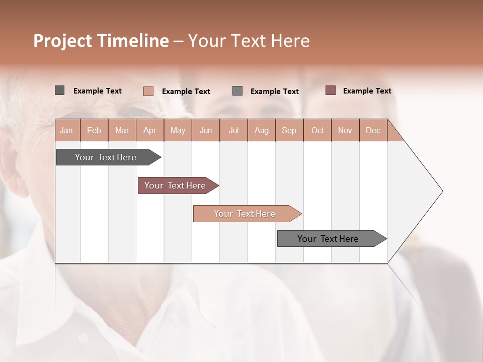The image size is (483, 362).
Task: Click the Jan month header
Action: [x=66, y=131]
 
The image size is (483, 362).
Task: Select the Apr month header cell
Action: [x=150, y=131]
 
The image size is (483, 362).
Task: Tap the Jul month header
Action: [x=233, y=131]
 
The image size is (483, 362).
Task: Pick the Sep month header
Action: [x=289, y=131]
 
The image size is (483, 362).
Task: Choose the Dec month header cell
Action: [x=373, y=131]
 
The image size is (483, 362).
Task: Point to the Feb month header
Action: [x=94, y=131]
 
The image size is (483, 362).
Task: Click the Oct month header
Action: [x=317, y=131]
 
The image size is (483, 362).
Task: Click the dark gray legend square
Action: [x=60, y=90]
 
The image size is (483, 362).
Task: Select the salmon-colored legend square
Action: [x=148, y=91]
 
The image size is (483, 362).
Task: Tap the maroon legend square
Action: [x=330, y=90]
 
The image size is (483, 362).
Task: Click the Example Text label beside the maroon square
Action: [x=367, y=91]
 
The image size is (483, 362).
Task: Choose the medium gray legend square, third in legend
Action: [x=237, y=91]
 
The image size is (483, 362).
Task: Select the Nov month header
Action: [x=345, y=131]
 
